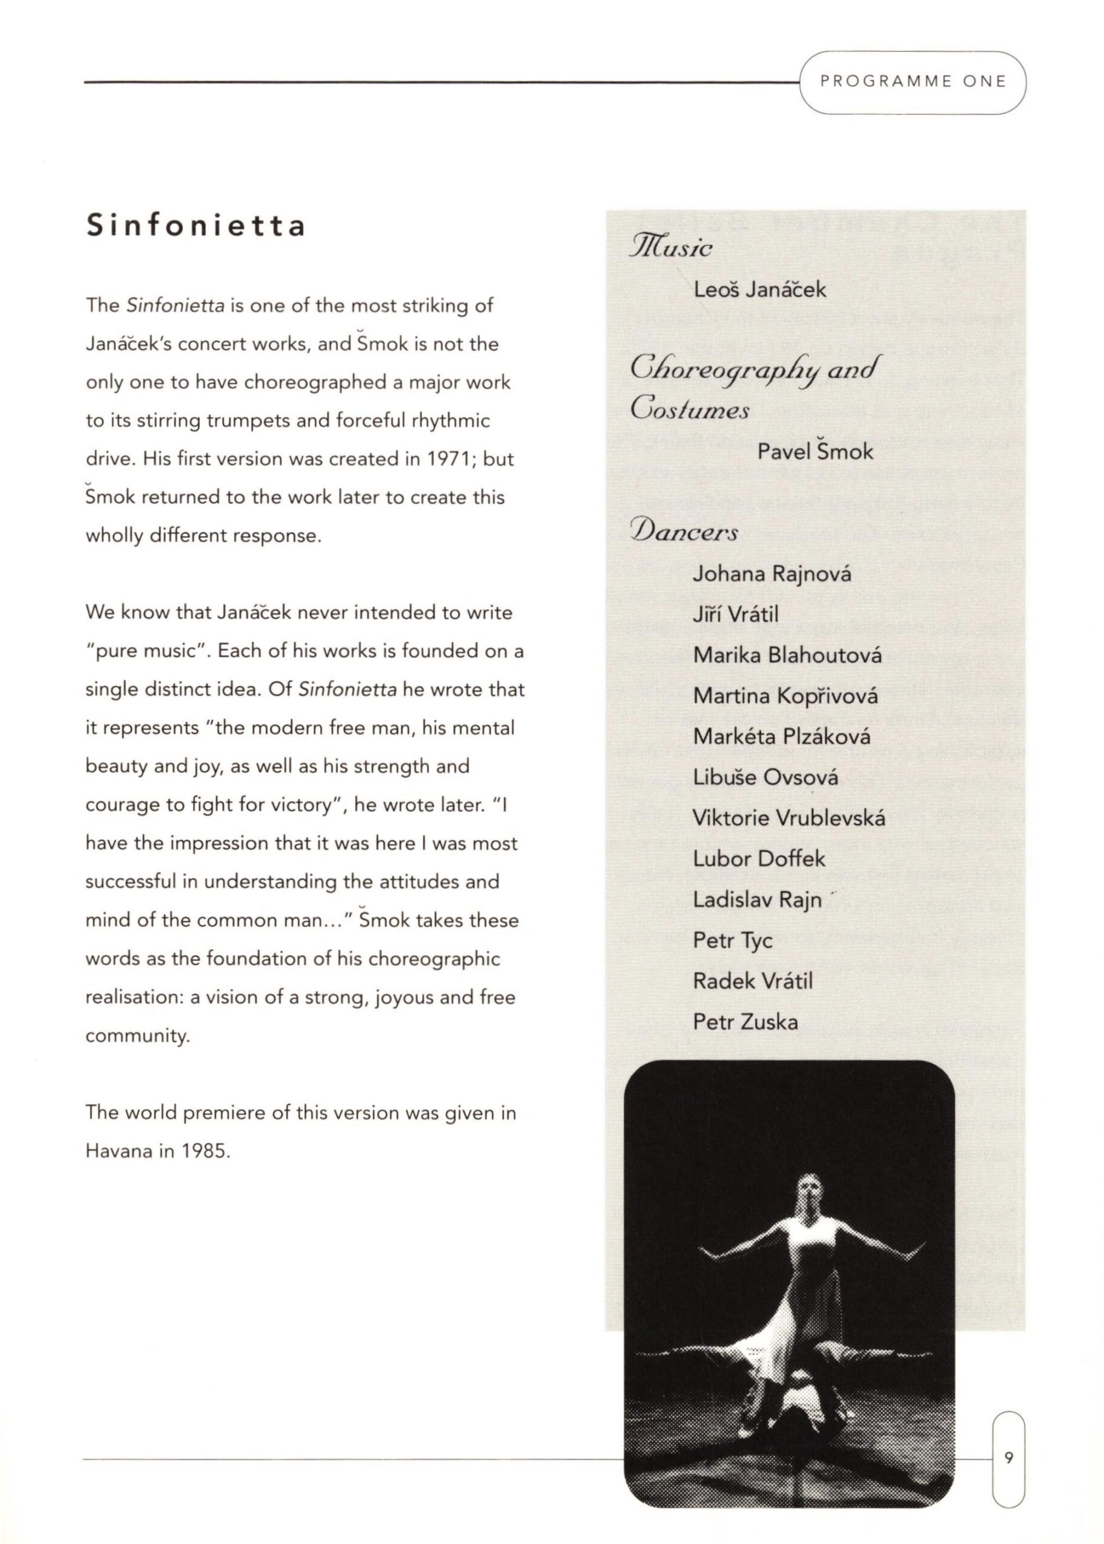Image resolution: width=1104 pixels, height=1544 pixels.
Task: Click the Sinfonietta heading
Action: pos(196,226)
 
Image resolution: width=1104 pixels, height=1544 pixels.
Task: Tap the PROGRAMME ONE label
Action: pos(912,82)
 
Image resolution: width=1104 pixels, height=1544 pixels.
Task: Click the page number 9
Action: pos(1009,1457)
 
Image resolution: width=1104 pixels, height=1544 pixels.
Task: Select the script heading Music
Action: pos(671,245)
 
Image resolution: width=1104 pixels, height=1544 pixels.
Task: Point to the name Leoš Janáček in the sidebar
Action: pos(760,290)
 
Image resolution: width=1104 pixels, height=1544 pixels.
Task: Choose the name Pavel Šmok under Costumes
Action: pos(815,451)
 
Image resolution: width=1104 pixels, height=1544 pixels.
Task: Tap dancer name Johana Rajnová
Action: pos(772,574)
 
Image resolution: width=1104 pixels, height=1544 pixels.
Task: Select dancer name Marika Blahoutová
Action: pos(787,655)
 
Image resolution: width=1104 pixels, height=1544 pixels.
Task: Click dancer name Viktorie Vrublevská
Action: pos(788,818)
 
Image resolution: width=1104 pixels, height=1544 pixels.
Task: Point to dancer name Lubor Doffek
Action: pos(759,859)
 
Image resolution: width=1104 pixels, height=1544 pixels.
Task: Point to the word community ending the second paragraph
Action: pos(138,1036)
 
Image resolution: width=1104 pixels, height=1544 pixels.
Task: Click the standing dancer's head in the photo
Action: pos(808,1188)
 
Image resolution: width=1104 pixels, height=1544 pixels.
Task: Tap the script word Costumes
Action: pos(690,410)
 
